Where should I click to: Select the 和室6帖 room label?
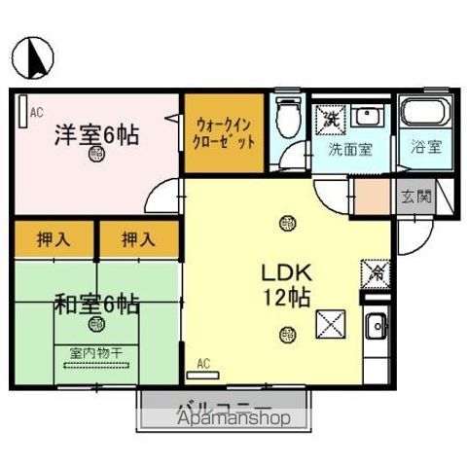[x=95, y=304]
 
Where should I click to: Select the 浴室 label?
[x=425, y=148]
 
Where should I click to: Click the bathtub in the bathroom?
[x=425, y=116]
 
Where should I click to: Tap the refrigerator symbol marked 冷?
[x=375, y=273]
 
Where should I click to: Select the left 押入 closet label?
[x=54, y=238]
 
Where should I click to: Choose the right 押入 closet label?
[x=138, y=238]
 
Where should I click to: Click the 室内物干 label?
[x=95, y=353]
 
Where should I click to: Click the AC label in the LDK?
[x=203, y=364]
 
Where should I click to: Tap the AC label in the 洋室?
[x=37, y=113]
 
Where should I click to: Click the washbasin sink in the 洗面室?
[x=367, y=117]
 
